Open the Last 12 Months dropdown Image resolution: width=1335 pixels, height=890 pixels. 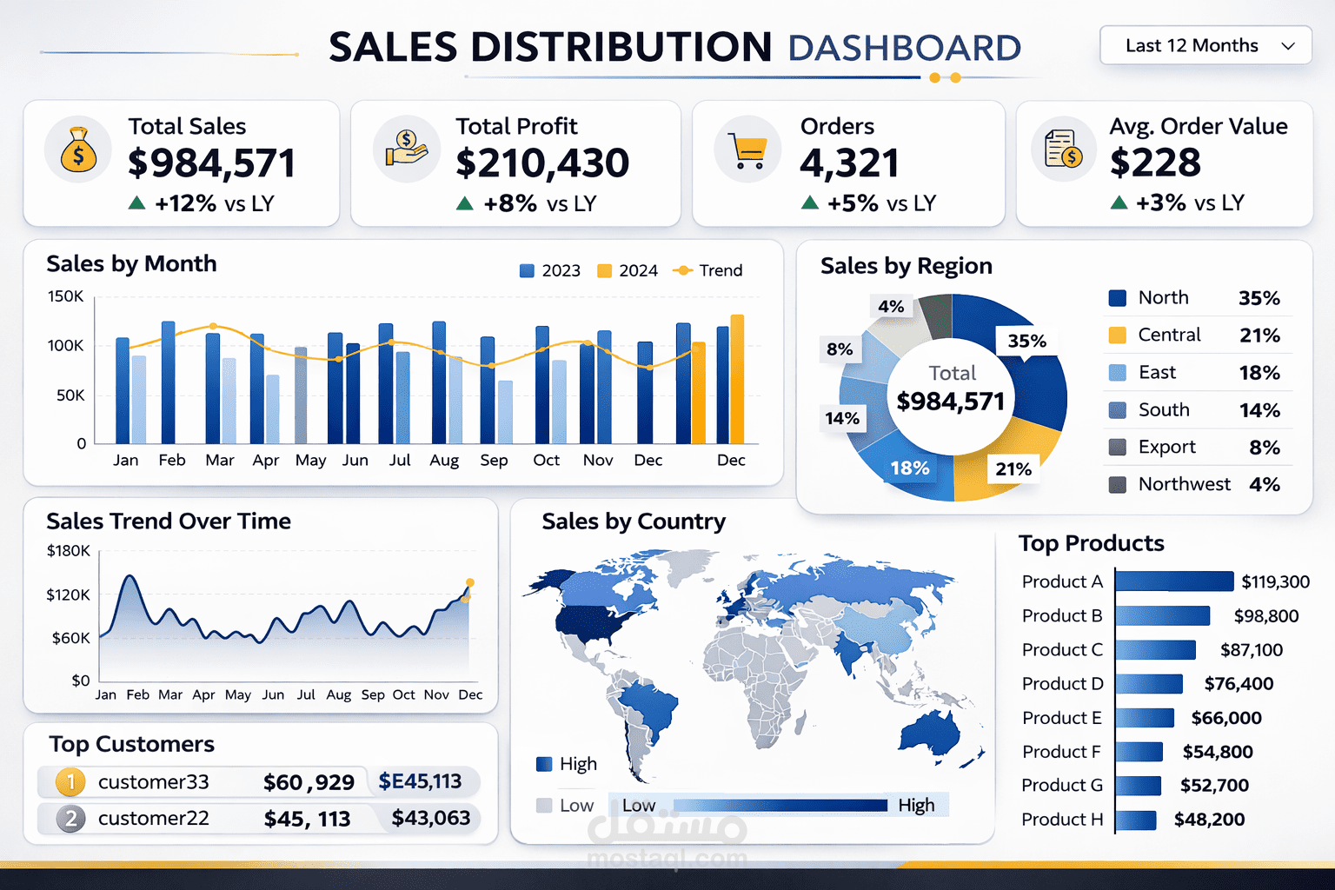pos(1205,45)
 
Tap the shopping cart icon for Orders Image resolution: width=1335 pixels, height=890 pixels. pos(747,150)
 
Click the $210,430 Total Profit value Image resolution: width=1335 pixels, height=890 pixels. pos(542,163)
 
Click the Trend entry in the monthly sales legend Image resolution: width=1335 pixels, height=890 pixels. pos(709,270)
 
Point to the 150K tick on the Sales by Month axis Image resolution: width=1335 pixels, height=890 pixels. pos(66,296)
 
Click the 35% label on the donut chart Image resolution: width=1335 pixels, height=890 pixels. pos(1026,341)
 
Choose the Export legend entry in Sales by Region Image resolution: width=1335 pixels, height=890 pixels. pos(1166,447)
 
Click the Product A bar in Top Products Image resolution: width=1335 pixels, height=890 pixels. pos(1173,581)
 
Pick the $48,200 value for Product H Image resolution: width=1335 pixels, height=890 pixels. pos(1209,820)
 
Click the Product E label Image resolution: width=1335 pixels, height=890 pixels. pos(1061,718)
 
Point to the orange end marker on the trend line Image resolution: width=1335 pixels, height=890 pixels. pos(470,582)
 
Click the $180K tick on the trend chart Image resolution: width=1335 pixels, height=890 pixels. pos(68,551)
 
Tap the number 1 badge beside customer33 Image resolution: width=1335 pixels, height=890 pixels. pos(70,782)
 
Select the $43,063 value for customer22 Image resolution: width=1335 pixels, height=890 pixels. pos(430,818)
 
